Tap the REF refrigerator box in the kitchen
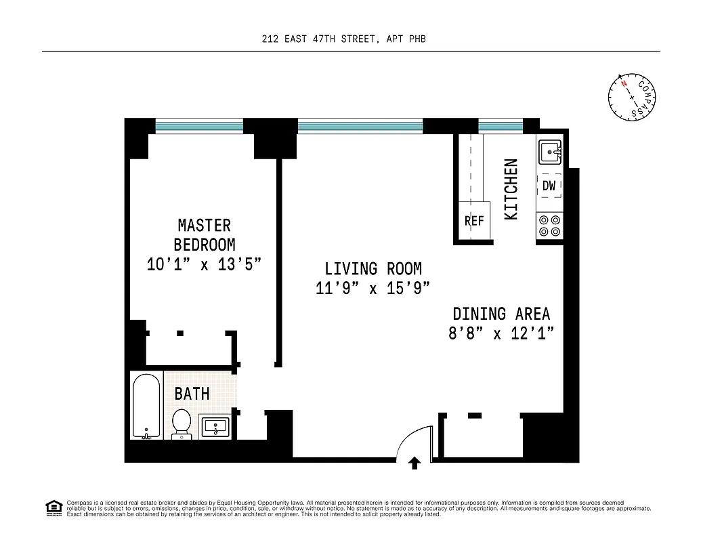click(x=474, y=220)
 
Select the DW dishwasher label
click(x=549, y=185)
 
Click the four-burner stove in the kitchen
click(x=549, y=226)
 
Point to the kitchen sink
click(x=549, y=152)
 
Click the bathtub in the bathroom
click(x=146, y=406)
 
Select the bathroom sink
click(x=216, y=428)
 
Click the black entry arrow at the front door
click(x=415, y=463)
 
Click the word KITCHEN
click(x=511, y=189)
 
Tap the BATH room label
click(x=192, y=394)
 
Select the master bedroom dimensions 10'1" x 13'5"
click(x=204, y=264)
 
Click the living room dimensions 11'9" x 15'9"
click(x=373, y=289)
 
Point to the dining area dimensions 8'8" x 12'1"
click(x=501, y=333)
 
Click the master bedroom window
click(x=199, y=125)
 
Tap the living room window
click(x=360, y=125)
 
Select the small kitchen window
click(x=501, y=125)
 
